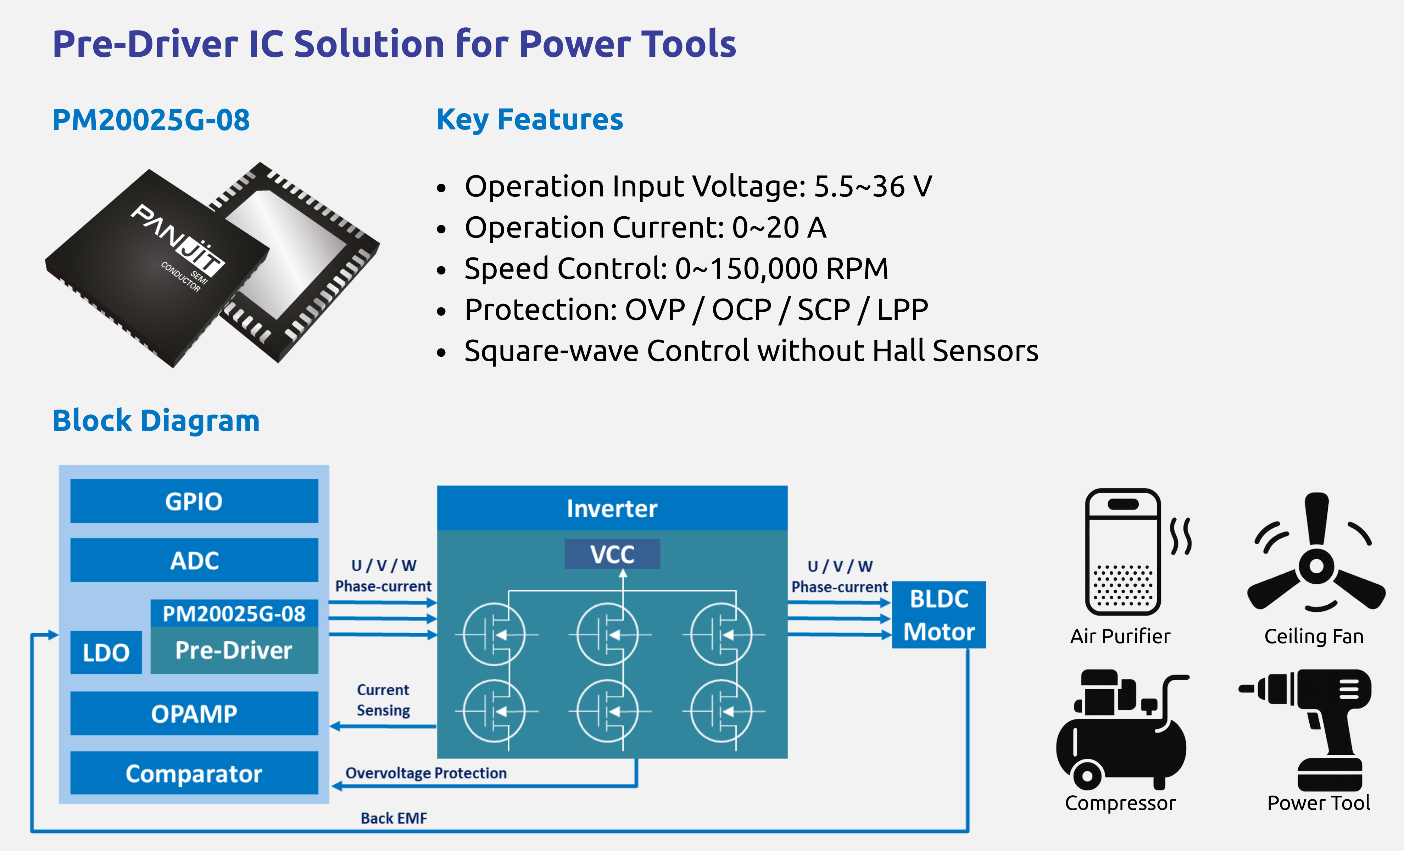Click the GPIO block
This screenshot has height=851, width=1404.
[194, 501]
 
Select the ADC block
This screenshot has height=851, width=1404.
[194, 560]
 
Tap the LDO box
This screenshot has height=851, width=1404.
[106, 652]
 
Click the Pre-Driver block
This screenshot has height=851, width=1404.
[234, 650]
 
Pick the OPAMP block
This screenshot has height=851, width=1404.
[194, 714]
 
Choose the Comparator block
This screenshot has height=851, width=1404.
[194, 773]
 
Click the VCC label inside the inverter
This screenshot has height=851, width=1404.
[613, 554]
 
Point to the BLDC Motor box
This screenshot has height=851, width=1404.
[939, 615]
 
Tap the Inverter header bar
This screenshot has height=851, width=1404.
[613, 508]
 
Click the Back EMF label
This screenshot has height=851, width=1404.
[394, 818]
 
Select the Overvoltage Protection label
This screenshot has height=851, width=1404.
[426, 773]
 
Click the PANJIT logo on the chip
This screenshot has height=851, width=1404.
[178, 237]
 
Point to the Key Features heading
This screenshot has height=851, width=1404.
[530, 120]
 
